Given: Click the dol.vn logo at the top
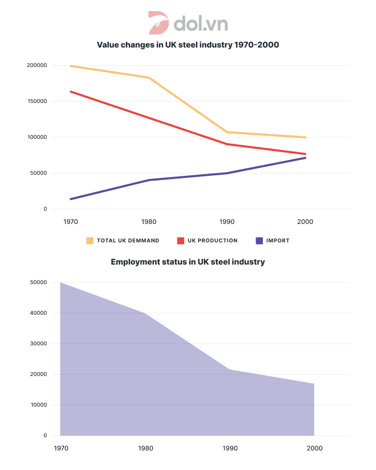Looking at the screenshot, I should (x=187, y=24).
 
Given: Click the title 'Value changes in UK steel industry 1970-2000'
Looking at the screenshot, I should (x=187, y=45).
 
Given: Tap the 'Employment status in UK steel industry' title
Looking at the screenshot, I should (x=187, y=262).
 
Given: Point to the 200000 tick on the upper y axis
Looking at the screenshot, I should (x=36, y=65).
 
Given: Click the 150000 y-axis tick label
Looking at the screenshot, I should (x=36, y=101).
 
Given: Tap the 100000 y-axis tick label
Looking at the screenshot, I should (x=36, y=137).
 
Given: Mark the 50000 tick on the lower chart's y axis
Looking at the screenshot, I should (x=37, y=283).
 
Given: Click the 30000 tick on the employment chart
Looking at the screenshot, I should (x=37, y=344).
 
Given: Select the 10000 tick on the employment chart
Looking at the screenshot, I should (x=37, y=405).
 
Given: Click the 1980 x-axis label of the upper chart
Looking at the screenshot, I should (x=149, y=222).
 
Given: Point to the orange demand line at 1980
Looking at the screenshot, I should (x=149, y=78).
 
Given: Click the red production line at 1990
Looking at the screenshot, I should (x=227, y=144).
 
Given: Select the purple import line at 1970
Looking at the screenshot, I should (x=71, y=199).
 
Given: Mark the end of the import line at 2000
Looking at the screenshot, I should (x=305, y=158).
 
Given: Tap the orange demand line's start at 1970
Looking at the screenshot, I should (x=71, y=66).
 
